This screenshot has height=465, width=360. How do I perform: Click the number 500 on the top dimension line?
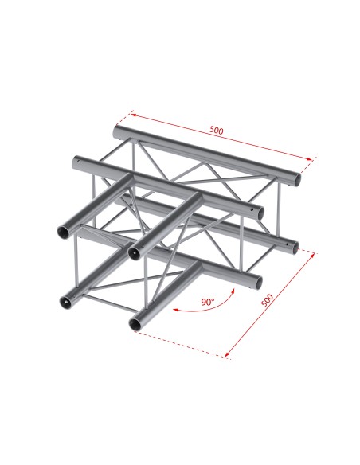pos(217,129)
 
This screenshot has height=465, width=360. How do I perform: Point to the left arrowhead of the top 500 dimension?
pos(133,113)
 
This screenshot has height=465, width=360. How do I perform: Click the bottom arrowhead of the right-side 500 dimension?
pos(229,354)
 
